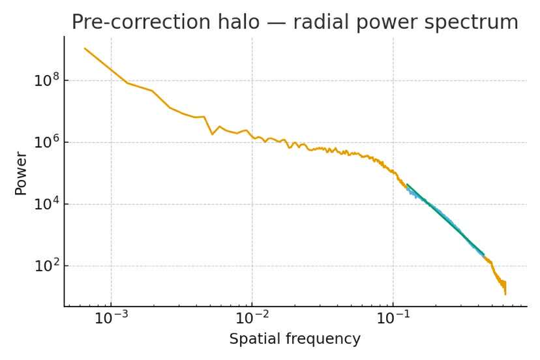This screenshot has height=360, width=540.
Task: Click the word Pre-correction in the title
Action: tap(134, 22)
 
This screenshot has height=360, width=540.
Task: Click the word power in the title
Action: tap(389, 22)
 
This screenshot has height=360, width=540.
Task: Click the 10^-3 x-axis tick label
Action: tap(111, 320)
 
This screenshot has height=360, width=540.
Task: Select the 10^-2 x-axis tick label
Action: tap(252, 320)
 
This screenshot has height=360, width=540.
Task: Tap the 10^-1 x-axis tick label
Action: tap(393, 320)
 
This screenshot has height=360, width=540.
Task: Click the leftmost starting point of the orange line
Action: tap(85, 48)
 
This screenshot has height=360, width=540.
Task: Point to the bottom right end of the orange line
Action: tap(505, 293)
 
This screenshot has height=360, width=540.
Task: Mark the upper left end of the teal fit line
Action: tap(407, 185)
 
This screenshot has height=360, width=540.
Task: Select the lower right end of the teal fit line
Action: tap(483, 255)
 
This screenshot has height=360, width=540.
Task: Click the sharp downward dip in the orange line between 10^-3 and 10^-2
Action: tap(213, 134)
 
